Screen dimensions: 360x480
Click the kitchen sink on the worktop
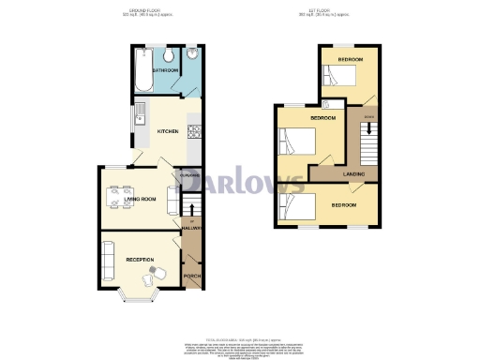tap(139, 116)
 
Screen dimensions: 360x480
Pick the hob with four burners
tap(194, 132)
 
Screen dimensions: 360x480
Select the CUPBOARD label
tap(191, 175)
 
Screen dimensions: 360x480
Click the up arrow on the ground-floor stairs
tap(191, 209)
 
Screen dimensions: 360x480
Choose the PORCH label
tap(191, 276)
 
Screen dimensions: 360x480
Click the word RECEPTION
tap(140, 258)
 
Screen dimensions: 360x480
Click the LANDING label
tap(354, 173)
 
